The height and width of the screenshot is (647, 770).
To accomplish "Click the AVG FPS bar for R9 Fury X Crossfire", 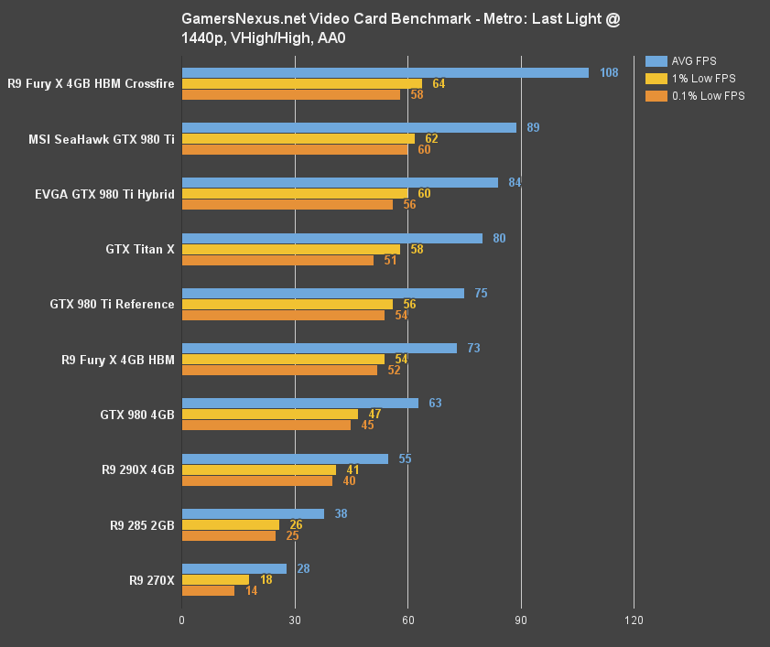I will click(x=385, y=72).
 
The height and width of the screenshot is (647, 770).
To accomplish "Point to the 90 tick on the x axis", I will click(x=521, y=620).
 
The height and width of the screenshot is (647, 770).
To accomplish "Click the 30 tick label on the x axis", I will click(x=295, y=620).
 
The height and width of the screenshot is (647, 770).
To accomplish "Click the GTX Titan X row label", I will click(x=140, y=249).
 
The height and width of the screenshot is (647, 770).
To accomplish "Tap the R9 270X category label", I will click(x=151, y=579).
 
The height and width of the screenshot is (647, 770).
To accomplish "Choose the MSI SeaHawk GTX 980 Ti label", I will click(x=101, y=139).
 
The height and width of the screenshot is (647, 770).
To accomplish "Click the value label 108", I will click(x=609, y=72).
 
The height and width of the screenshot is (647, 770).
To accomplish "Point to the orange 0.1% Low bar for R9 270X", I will click(x=208, y=590).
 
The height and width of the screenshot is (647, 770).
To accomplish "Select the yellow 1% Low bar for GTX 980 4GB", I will click(x=269, y=414).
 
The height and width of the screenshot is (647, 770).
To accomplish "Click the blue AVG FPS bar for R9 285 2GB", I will click(x=253, y=513).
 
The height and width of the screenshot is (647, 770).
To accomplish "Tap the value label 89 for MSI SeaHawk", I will click(x=533, y=127).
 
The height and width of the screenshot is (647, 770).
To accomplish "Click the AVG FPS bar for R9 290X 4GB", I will click(x=285, y=458).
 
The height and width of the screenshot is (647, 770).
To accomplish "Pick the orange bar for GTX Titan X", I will click(x=277, y=260).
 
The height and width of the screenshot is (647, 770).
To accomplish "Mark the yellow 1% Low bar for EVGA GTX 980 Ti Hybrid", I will click(x=295, y=193).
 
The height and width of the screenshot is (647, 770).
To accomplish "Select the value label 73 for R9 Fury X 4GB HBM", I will click(x=473, y=348).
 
